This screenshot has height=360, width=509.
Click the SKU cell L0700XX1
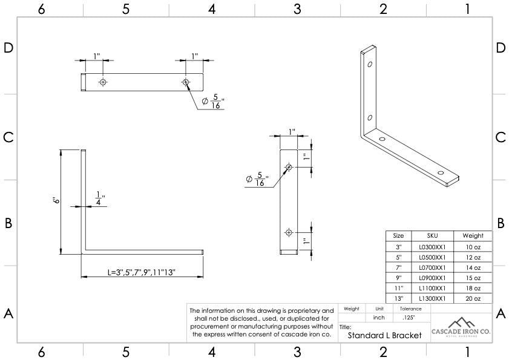[x=432, y=267]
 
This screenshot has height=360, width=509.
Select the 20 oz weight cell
[x=473, y=298]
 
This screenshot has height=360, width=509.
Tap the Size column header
[x=398, y=235]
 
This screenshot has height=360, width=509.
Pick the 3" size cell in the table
[x=398, y=246]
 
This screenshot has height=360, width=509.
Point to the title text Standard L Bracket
[x=384, y=335]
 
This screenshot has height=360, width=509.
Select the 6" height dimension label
[x=56, y=201]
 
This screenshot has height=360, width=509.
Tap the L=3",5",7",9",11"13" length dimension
[x=142, y=272]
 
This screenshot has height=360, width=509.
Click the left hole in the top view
[x=103, y=82]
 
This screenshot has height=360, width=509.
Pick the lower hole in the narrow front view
[x=289, y=232]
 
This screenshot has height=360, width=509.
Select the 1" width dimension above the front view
[x=291, y=132]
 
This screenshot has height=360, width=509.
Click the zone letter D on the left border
[x=8, y=48]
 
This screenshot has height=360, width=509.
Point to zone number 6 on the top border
[x=41, y=9]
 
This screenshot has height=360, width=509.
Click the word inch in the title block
[x=379, y=318]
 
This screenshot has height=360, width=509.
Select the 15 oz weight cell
[x=473, y=278]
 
